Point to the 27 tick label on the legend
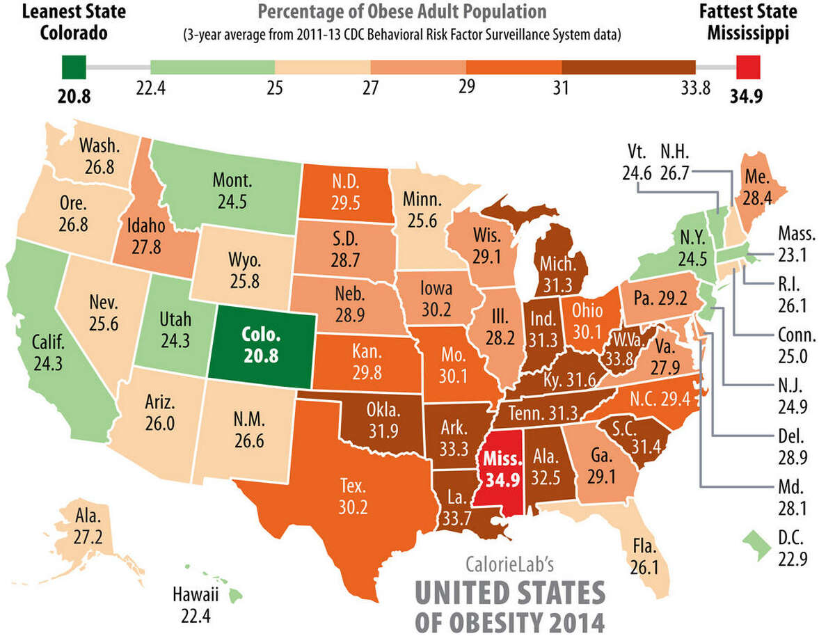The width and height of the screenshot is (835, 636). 371,89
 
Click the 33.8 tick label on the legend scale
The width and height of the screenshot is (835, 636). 694,89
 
